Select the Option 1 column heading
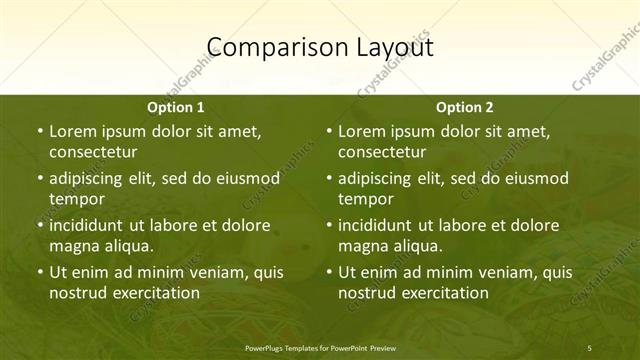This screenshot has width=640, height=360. tap(176, 107)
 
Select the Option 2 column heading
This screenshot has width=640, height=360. tap(465, 107)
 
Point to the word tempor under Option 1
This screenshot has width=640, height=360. tap(77, 198)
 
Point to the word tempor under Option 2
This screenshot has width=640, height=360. tap(366, 198)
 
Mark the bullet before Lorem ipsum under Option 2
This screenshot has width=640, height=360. tap(328, 131)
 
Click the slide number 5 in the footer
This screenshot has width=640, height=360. tap(589, 346)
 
